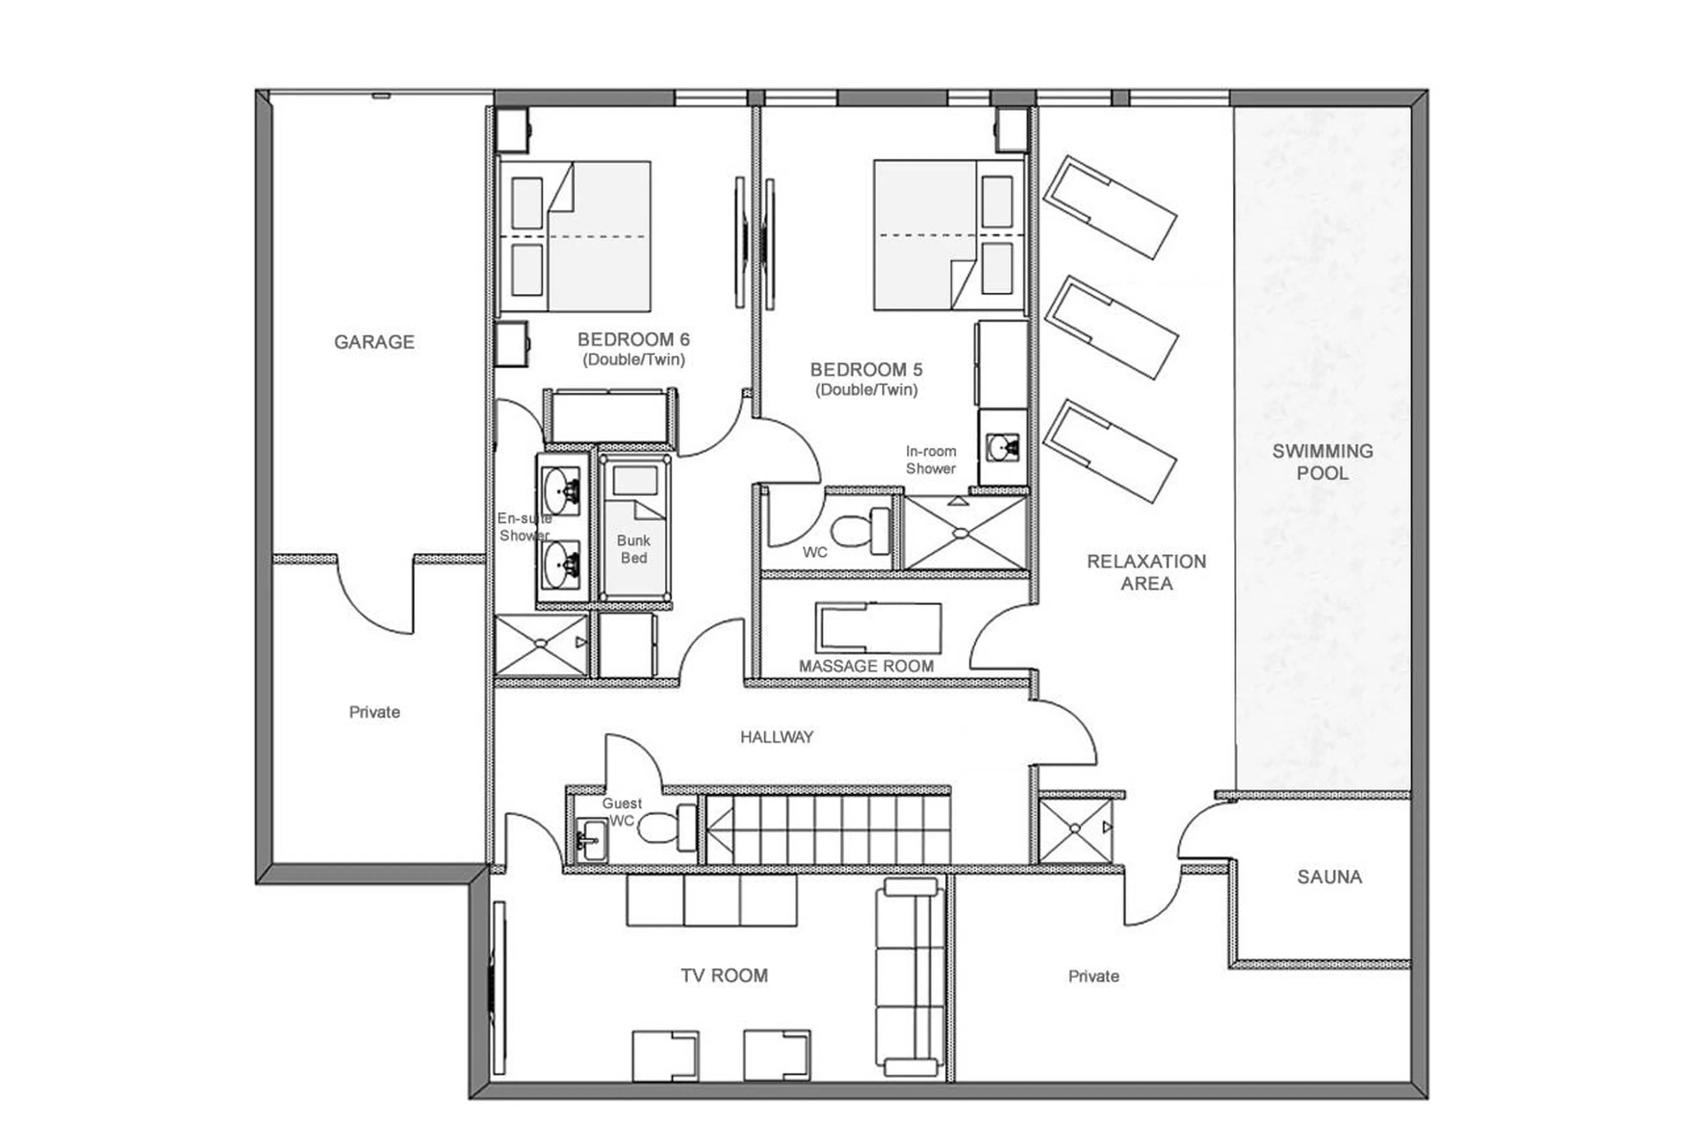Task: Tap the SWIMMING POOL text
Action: tap(1322, 462)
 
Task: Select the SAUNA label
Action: tap(1329, 877)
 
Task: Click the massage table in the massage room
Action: tap(877, 628)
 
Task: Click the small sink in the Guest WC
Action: tap(591, 838)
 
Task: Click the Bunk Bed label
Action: tap(633, 549)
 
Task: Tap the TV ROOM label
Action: tap(724, 975)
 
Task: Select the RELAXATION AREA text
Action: tap(1146, 572)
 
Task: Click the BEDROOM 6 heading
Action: tap(633, 339)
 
